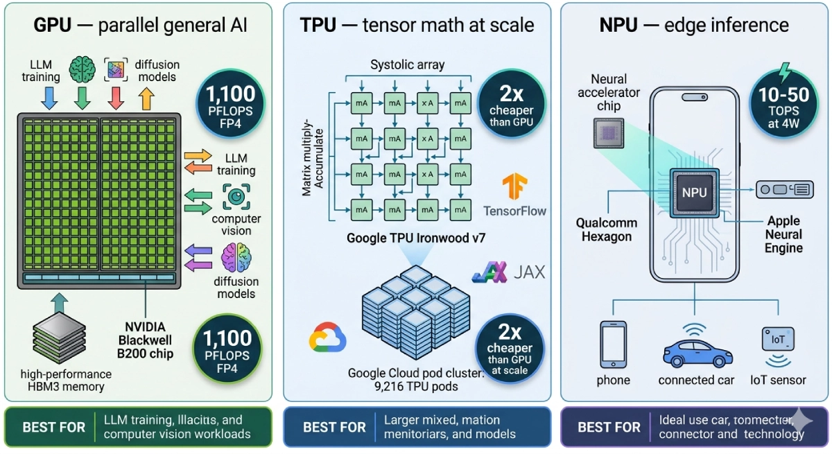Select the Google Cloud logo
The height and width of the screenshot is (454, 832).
pos(327,338)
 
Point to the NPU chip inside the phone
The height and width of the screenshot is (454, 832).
pos(694,193)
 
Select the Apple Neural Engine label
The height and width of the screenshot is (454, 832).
pos(783,234)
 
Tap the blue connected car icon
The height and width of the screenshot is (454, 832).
pos(695,347)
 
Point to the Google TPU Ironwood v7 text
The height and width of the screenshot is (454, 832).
pos(416,238)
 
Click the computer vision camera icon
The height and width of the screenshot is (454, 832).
pos(236,197)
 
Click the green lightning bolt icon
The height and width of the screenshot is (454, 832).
pos(784,72)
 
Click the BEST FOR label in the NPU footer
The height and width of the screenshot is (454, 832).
pos(609,427)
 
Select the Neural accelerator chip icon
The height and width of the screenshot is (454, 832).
pos(609,132)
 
